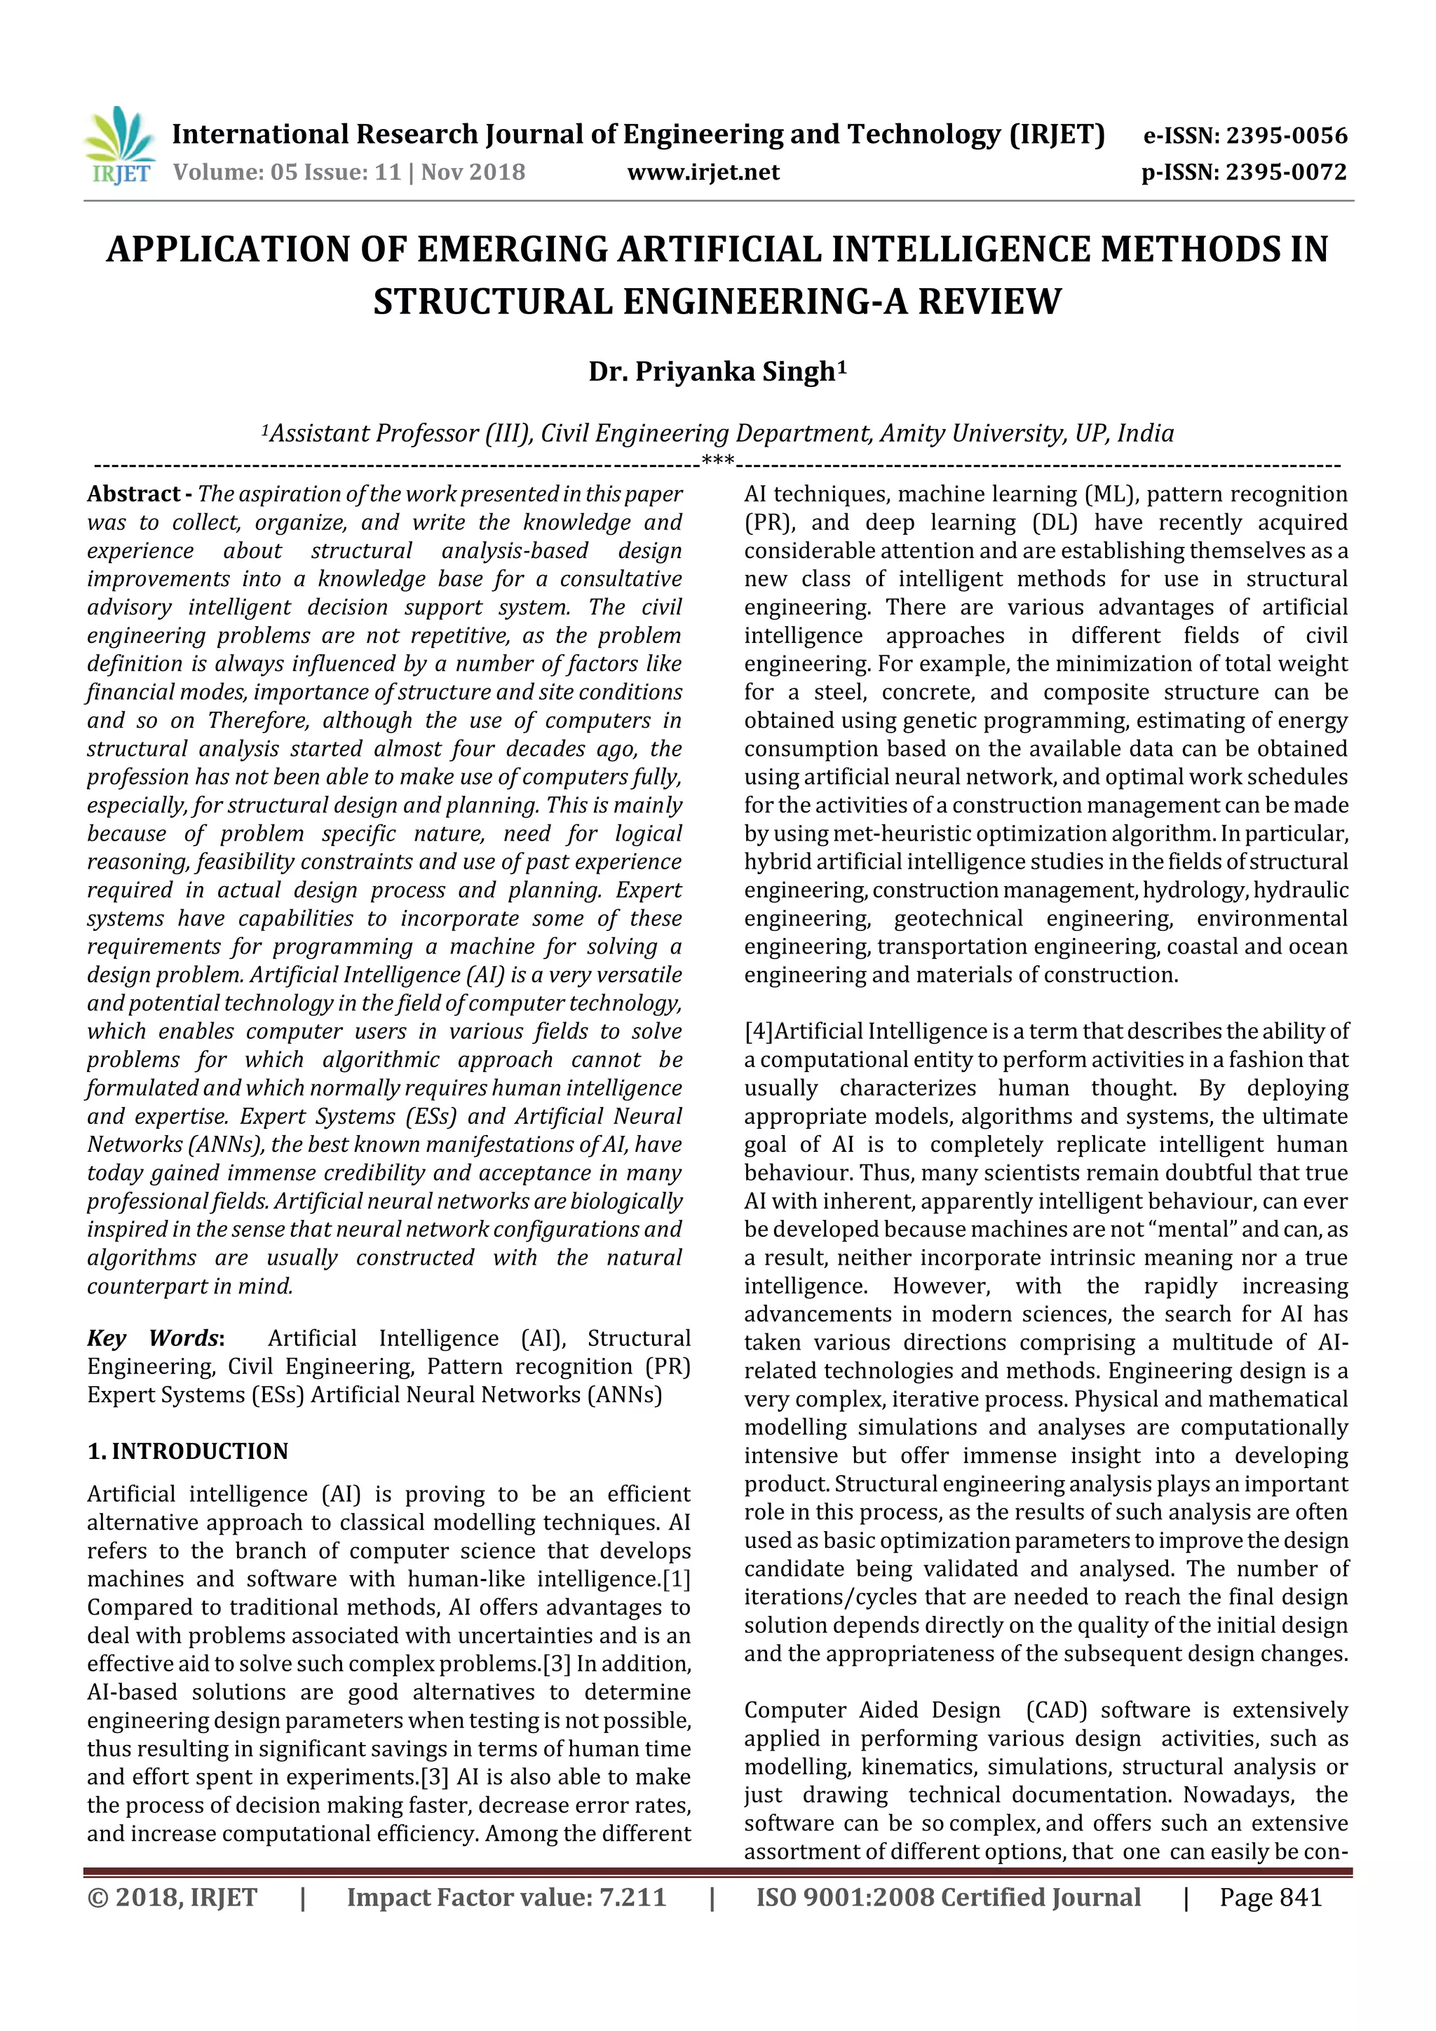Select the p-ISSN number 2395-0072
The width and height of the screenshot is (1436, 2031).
tap(1285, 172)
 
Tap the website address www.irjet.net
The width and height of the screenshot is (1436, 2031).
tap(703, 172)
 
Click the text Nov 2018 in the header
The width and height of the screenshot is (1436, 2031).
tap(473, 172)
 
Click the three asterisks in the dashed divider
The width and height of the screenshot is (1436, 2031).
tap(717, 461)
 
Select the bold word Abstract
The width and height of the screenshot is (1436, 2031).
tap(134, 494)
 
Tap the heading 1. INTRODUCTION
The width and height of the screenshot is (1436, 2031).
tap(188, 1452)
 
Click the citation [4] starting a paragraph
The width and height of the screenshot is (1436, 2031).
tap(758, 1031)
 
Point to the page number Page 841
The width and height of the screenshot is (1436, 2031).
tap(1271, 1897)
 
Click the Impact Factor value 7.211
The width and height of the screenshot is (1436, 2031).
tap(632, 1897)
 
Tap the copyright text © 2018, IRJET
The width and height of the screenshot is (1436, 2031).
tap(172, 1897)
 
